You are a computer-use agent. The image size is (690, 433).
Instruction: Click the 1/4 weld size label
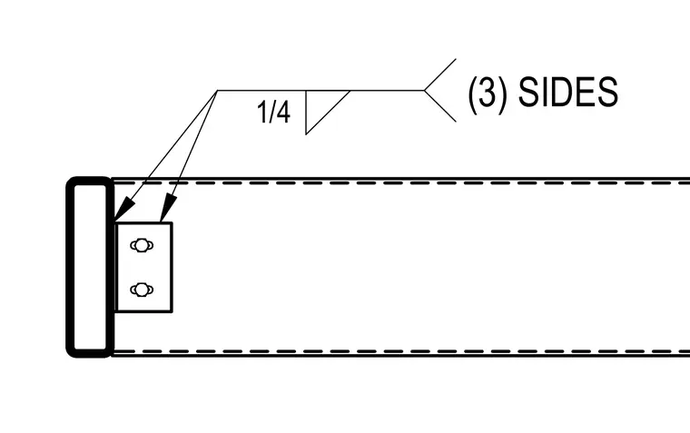pos(273,112)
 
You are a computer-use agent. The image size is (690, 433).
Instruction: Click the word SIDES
pos(568,92)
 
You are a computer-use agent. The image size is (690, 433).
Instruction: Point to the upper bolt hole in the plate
pos(142,245)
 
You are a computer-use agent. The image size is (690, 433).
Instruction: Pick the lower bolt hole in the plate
pos(142,290)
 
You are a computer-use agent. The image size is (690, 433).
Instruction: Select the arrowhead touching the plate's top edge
pos(168,209)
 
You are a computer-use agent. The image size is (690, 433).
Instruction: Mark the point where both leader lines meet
pos(217,91)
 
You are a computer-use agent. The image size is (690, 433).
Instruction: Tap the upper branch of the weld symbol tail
pos(440,74)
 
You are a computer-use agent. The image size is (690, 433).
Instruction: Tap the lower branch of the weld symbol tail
pos(440,106)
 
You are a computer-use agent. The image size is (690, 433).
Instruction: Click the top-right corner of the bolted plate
pos(172,223)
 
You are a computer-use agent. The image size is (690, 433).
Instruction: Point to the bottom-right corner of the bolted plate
pos(172,311)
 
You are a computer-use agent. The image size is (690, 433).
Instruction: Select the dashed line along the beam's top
pos(400,182)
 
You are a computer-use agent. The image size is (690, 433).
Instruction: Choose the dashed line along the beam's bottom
pos(400,351)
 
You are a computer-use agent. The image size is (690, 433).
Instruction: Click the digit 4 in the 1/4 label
pos(283,112)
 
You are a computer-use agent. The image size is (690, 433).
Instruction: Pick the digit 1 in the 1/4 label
pos(261,112)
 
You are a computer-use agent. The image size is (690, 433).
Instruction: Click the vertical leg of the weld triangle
pos(306,113)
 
